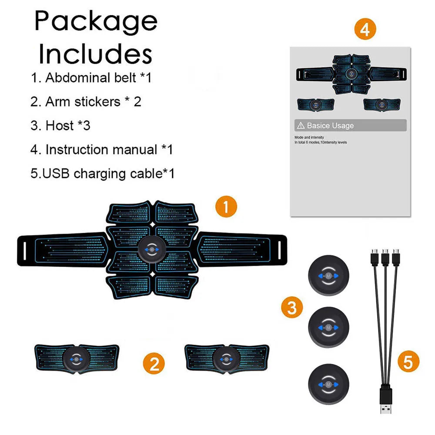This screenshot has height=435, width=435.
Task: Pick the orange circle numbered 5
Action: pos(408,361)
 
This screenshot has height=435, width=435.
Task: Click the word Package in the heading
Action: pos(96,21)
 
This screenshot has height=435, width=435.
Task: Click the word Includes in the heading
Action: pos(96,54)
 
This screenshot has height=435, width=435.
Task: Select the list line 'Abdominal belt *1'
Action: pos(91,78)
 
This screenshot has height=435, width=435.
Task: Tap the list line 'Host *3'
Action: pos(60,126)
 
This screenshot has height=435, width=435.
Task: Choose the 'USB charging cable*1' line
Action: pos(103,174)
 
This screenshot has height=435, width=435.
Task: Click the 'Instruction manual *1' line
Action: pos(102,150)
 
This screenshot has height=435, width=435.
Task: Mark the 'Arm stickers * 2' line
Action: pos(86,102)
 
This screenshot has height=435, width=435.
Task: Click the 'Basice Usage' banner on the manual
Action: pos(350,126)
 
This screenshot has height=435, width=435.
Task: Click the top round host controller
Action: pos(328,276)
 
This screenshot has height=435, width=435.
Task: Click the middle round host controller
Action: pos(328,327)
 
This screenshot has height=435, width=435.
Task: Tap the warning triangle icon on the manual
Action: pos(300,126)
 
